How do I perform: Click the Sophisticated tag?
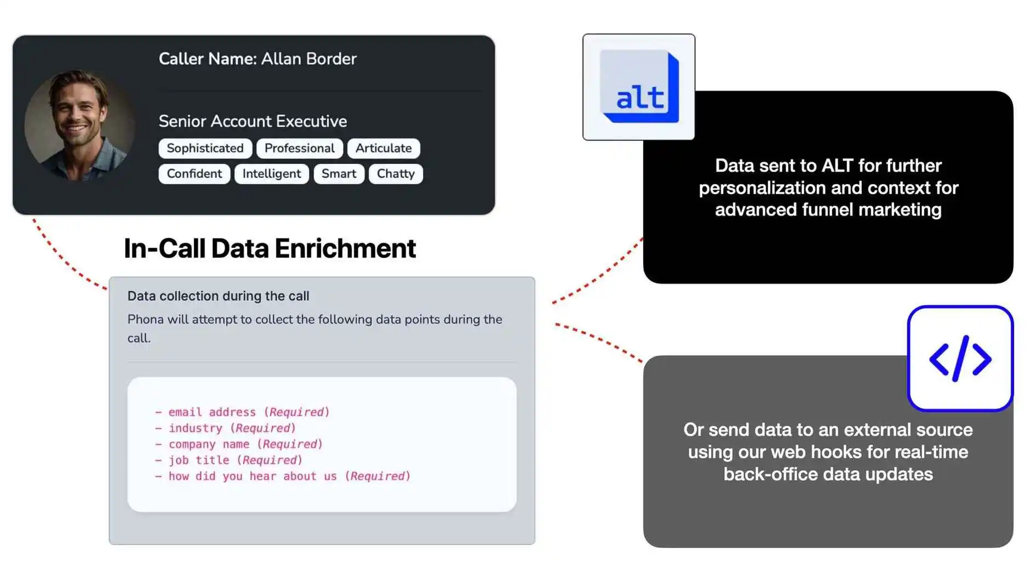tap(205, 148)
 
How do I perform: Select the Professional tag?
tap(299, 148)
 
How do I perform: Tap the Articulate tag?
tap(383, 148)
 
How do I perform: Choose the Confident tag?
tap(194, 174)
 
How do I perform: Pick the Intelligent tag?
tap(271, 174)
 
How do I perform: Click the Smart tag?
tap(339, 174)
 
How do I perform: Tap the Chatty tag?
tap(395, 174)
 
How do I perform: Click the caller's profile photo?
tap(80, 126)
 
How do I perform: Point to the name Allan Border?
tap(308, 59)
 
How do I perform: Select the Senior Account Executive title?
tap(253, 121)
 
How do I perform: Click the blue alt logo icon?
tap(639, 87)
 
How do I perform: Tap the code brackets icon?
tap(960, 359)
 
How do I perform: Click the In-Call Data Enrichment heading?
tap(270, 248)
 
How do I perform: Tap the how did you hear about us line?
tap(283, 476)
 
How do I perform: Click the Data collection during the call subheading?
tap(218, 296)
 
